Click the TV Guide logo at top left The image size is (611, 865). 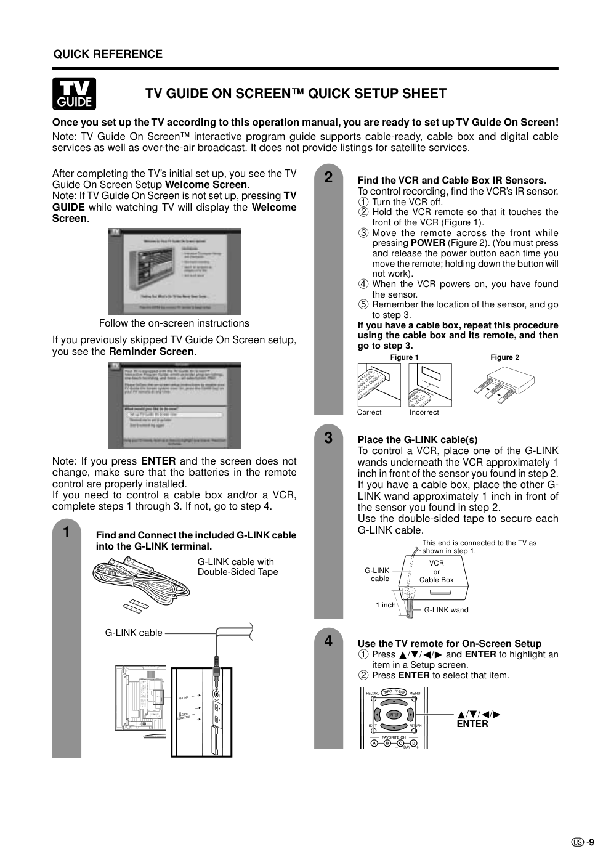click(x=74, y=94)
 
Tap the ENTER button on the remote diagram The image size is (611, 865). click(x=394, y=715)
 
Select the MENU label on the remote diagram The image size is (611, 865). click(x=415, y=694)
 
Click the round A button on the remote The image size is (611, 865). click(x=374, y=743)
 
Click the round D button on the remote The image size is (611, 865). click(x=413, y=743)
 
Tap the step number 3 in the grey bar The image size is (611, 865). click(x=328, y=438)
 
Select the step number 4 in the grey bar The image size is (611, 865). click(x=328, y=641)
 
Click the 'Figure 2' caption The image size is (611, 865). click(x=504, y=357)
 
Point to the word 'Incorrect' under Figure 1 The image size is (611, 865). click(x=424, y=412)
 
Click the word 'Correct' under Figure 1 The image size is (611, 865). click(x=370, y=412)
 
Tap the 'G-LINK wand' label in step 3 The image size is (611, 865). click(x=446, y=610)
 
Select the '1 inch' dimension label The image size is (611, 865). click(x=386, y=605)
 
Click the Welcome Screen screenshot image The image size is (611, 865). click(x=174, y=272)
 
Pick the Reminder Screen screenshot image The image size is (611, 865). click(x=174, y=405)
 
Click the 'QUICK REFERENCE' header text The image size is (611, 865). click(x=108, y=54)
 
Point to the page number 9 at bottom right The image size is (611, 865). click(x=591, y=843)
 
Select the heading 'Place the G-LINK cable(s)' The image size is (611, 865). click(x=418, y=440)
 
